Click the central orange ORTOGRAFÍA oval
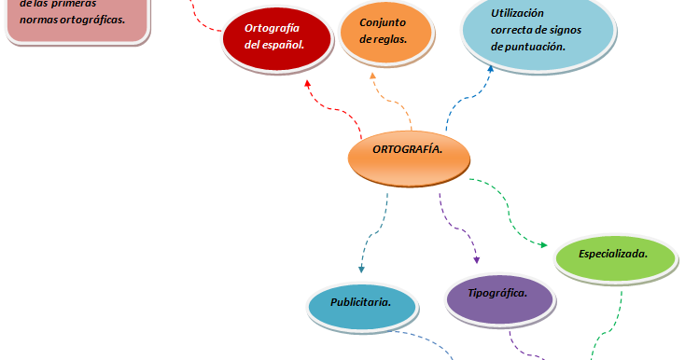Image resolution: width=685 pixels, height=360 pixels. click(x=409, y=159)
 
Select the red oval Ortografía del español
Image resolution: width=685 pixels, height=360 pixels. click(x=277, y=39)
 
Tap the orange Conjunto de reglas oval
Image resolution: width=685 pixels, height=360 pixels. click(x=385, y=33)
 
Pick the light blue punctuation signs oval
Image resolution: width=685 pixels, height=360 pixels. click(x=538, y=31)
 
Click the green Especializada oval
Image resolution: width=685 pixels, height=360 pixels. click(x=615, y=258)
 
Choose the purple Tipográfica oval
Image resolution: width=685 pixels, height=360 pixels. click(x=500, y=299)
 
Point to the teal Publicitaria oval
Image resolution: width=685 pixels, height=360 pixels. click(x=362, y=307)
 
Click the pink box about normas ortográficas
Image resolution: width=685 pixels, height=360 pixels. click(x=77, y=21)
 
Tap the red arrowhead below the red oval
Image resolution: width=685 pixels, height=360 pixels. click(x=308, y=83)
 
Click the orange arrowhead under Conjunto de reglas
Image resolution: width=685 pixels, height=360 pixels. click(x=372, y=76)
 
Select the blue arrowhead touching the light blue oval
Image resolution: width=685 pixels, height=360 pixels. click(x=491, y=69)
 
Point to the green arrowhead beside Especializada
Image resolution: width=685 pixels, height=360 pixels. click(x=543, y=245)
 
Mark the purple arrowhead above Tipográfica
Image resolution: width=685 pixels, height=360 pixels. click(x=477, y=260)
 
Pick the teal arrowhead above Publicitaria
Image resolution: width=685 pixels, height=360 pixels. click(x=361, y=269)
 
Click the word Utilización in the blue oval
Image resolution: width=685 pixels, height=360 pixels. click(x=517, y=13)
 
